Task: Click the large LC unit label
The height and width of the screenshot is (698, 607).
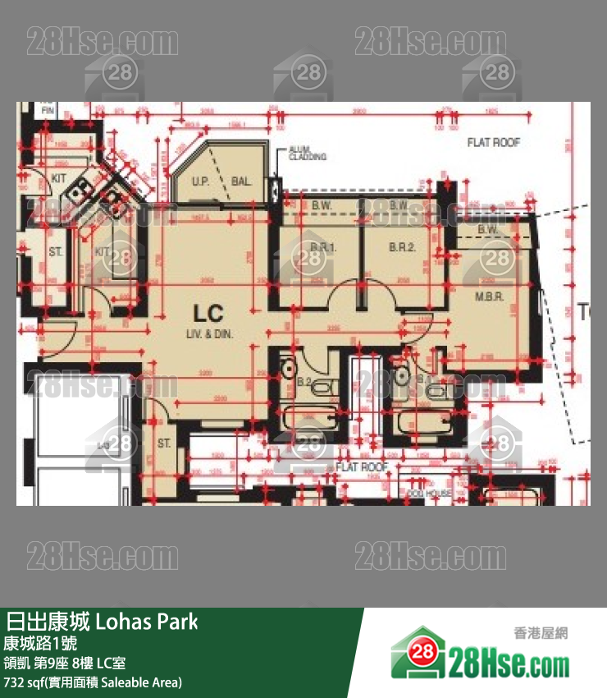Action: point(208,313)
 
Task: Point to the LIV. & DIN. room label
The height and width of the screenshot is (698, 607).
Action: point(208,335)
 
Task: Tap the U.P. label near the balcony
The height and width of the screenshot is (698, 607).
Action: point(199,181)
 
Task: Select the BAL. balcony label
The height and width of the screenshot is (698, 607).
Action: point(240,181)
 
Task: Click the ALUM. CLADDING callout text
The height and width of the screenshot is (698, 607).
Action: point(308,153)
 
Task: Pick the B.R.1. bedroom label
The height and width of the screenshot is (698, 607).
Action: point(323,246)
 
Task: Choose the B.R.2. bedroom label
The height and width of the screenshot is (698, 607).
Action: point(402,246)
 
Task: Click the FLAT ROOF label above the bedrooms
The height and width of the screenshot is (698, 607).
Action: point(494,142)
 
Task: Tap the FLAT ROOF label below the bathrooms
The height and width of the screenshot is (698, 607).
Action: point(361,466)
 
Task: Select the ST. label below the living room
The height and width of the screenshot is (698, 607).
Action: point(163,443)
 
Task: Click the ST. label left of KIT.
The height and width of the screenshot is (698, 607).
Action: point(55,251)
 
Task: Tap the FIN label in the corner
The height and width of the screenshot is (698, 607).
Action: point(47,109)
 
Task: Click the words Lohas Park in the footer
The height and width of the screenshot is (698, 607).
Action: point(147,621)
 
